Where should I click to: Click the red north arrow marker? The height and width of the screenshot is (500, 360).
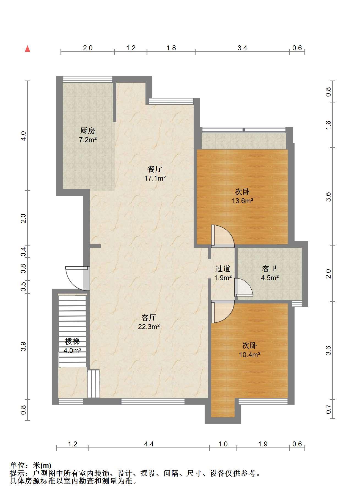27,49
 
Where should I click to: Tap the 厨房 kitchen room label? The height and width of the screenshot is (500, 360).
88,130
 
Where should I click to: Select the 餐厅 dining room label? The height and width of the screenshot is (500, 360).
155,169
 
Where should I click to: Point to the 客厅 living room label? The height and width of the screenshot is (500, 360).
149,318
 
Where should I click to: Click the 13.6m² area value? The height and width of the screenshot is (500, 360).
242,201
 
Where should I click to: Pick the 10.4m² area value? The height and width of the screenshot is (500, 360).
249,355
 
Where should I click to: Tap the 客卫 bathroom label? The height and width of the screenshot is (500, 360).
270,269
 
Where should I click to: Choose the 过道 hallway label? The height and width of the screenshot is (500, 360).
222,269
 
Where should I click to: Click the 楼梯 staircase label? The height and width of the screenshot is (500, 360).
72,341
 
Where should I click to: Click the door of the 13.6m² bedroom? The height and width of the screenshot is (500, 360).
222,236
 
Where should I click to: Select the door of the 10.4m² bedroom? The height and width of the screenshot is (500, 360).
222,312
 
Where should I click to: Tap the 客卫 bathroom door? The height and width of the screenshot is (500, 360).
244,287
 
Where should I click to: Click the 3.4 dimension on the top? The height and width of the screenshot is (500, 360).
242,48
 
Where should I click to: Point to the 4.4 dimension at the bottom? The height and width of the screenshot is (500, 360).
149,444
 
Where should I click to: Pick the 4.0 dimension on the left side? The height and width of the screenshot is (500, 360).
23,136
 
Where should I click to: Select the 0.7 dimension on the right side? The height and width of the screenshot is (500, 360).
328,410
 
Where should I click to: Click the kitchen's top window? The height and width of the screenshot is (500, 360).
88,79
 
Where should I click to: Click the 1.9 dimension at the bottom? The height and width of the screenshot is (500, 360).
263,444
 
